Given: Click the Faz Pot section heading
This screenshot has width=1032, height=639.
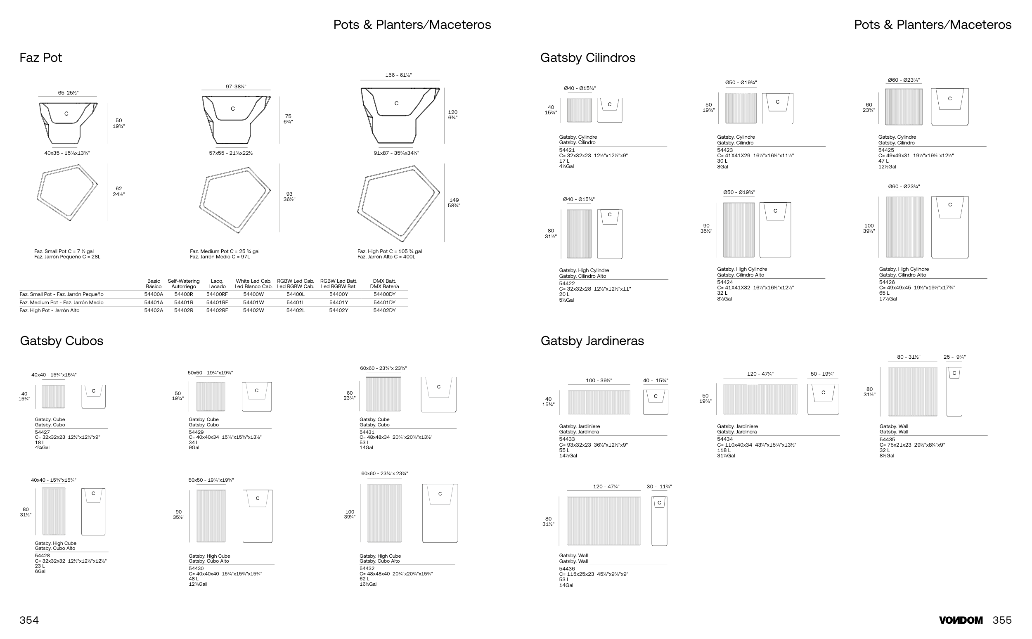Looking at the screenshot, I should [40, 57].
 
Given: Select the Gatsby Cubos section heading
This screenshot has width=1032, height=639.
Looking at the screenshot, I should [61, 341].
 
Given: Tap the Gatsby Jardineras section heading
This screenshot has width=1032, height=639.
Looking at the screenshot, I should [592, 341].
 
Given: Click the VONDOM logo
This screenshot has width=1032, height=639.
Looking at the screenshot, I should [961, 620].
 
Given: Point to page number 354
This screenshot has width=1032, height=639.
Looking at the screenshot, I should [29, 620].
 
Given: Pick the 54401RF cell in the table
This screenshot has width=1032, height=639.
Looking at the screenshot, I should [217, 303].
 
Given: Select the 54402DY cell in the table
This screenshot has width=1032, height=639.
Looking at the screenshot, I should [384, 310].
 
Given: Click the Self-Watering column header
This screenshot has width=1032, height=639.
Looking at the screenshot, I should [183, 284].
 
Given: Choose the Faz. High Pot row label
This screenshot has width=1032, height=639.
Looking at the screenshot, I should [50, 310].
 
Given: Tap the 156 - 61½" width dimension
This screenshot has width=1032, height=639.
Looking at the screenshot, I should [398, 75].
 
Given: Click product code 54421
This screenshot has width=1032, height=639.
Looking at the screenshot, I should [567, 150].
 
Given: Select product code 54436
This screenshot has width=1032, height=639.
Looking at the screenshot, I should [567, 569].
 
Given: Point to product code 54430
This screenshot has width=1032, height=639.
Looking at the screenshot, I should [196, 568].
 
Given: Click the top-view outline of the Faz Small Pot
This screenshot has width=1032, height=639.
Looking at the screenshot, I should [68, 192].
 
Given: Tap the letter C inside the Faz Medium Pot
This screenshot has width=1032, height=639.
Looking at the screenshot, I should [232, 109].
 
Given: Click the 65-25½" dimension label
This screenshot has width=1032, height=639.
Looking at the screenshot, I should [68, 93].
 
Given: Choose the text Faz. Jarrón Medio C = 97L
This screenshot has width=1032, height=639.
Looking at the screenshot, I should [220, 257].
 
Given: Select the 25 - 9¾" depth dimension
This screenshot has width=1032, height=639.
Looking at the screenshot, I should [954, 357].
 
